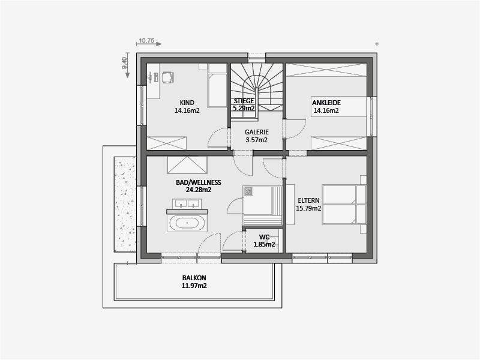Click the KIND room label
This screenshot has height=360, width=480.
pyautogui.click(x=187, y=103)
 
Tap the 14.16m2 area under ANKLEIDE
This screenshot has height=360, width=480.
pyautogui.click(x=326, y=110)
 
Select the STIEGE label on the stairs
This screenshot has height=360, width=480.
pyautogui.click(x=244, y=101)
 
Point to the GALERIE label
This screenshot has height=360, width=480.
pyautogui.click(x=257, y=132)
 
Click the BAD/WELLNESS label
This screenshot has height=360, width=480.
pyautogui.click(x=199, y=182)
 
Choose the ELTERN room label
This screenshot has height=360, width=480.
pyautogui.click(x=308, y=200)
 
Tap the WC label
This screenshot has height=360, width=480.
pyautogui.click(x=264, y=237)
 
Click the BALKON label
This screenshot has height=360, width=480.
pyautogui.click(x=194, y=278)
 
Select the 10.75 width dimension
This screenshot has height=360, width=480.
pyautogui.click(x=146, y=41)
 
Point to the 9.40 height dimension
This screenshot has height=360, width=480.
pyautogui.click(x=124, y=63)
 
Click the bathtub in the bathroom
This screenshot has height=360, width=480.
pyautogui.click(x=187, y=223)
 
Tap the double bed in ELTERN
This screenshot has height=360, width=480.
pyautogui.click(x=344, y=204)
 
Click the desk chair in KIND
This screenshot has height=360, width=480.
pyautogui.click(x=167, y=77)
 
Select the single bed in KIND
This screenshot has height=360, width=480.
pyautogui.click(x=217, y=85)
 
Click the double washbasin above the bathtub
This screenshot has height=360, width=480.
pyautogui.click(x=187, y=203)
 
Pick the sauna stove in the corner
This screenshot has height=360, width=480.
pyautogui.click(x=248, y=191)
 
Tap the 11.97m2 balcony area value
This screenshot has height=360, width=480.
pyautogui.click(x=194, y=286)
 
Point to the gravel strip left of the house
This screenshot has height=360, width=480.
pyautogui.click(x=125, y=205)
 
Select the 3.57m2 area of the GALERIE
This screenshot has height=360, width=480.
pyautogui.click(x=257, y=140)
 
